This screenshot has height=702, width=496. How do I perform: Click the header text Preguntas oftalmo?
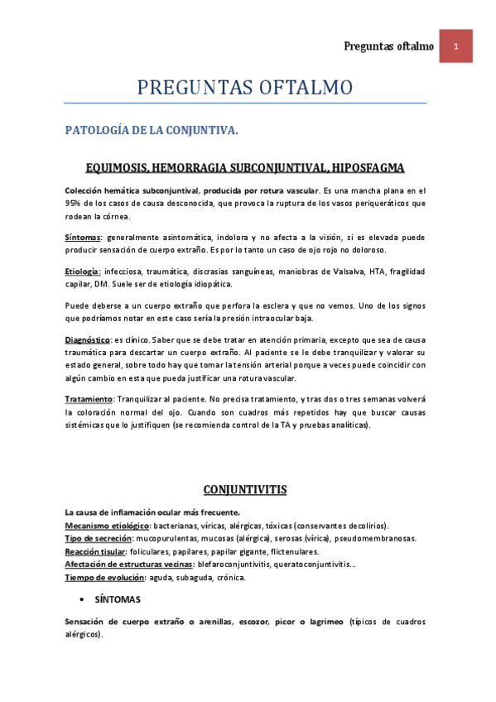coord(388,46)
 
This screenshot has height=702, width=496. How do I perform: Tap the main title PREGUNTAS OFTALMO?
coord(245,87)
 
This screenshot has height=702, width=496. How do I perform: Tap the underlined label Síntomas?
coord(82,238)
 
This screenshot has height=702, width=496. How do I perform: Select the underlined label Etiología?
coord(83,272)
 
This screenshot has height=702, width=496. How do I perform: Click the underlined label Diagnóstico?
coord(88,340)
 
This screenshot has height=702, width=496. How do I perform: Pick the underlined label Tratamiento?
coord(89,399)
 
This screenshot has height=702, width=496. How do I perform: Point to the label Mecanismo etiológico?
coord(107,526)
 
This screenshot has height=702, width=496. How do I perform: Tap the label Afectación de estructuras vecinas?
coord(128,564)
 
